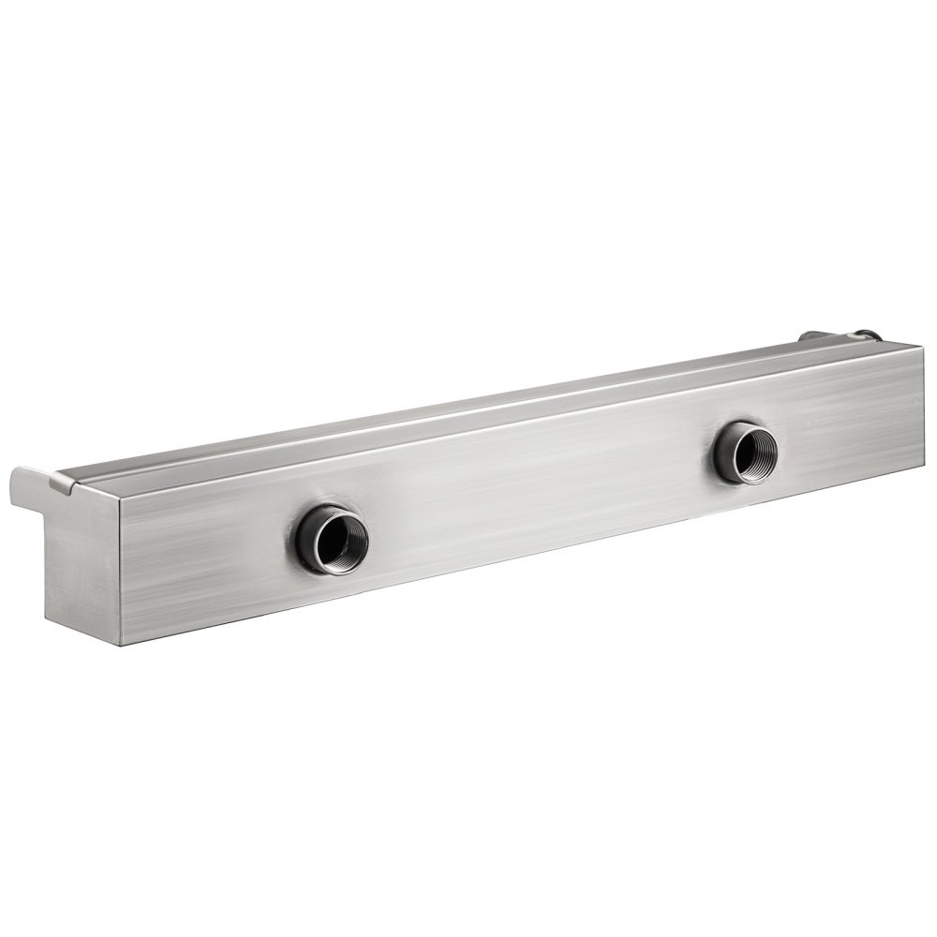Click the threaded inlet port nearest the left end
333,538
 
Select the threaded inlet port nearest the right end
745,453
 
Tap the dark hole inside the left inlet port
336,540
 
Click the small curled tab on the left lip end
60,483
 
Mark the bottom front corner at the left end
120,645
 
